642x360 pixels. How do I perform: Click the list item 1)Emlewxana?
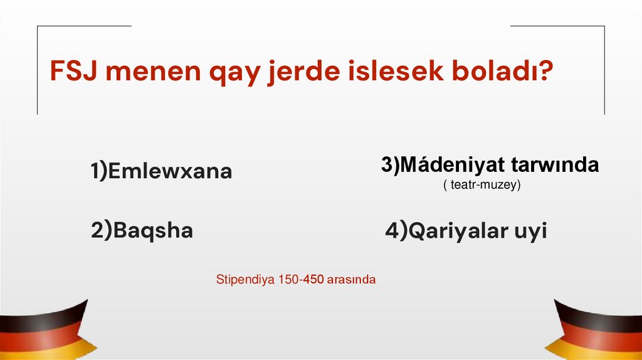tap(161, 171)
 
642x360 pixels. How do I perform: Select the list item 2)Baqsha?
tap(142, 231)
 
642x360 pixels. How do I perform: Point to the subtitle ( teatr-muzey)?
tap(481, 186)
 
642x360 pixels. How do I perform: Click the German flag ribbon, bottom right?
tap(599, 331)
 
